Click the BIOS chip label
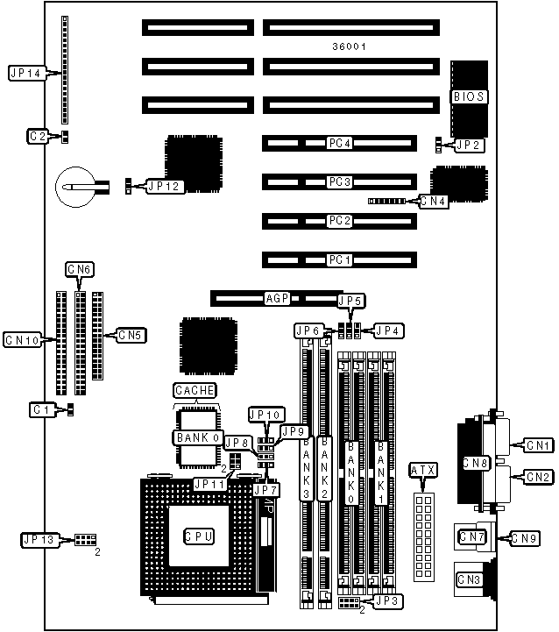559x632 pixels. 469,96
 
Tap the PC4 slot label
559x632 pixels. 339,142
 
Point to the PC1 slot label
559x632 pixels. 339,259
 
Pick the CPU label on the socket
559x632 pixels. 198,535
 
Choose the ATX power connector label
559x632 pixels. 423,471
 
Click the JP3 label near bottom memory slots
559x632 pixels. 386,601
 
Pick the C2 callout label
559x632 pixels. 38,136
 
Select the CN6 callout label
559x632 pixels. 80,268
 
